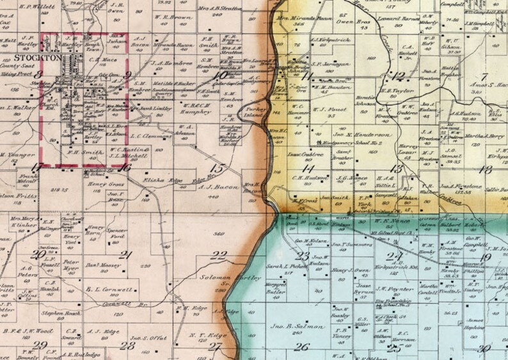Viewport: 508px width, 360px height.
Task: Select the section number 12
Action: (399, 77)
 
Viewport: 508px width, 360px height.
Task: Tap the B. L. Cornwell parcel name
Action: (108, 289)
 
